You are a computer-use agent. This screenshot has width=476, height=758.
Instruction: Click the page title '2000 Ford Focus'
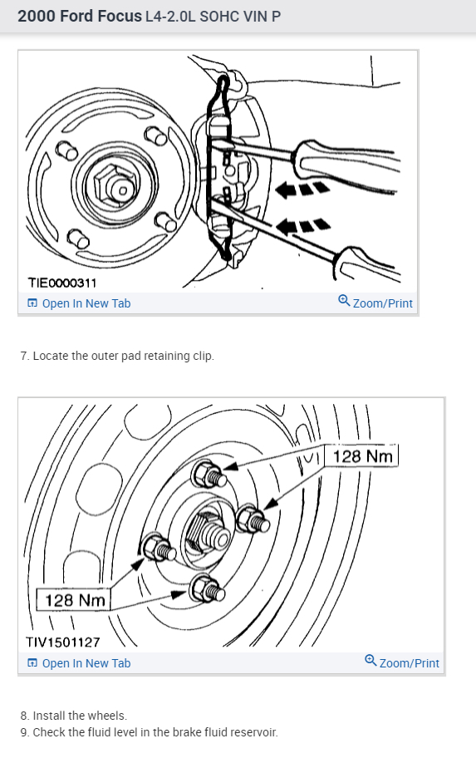coord(79,16)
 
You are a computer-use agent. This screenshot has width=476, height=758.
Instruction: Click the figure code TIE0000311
coord(61,283)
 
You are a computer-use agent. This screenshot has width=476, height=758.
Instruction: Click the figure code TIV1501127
coord(63,642)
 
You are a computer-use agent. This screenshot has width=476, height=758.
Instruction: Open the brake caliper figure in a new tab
coord(79,303)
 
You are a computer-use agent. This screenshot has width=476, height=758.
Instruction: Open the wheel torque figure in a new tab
coord(79,663)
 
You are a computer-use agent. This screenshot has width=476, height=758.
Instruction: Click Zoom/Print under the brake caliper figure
coord(375,303)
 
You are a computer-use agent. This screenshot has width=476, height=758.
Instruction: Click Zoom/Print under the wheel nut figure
coord(402,662)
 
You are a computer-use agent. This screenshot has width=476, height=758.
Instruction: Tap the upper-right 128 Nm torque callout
coord(361,455)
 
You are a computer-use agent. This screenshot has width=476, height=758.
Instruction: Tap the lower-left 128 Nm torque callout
coord(74,600)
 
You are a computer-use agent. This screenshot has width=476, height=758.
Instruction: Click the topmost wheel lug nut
coord(209,475)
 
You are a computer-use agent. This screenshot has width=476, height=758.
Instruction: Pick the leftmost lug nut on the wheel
coord(159,549)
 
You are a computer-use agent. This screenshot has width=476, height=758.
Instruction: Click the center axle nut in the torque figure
coord(208,532)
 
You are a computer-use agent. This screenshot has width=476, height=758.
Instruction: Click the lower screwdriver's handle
coord(365,264)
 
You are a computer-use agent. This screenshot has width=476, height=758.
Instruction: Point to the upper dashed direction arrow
coord(302,188)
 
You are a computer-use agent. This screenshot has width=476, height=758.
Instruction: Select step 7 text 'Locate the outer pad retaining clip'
coord(123,356)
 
